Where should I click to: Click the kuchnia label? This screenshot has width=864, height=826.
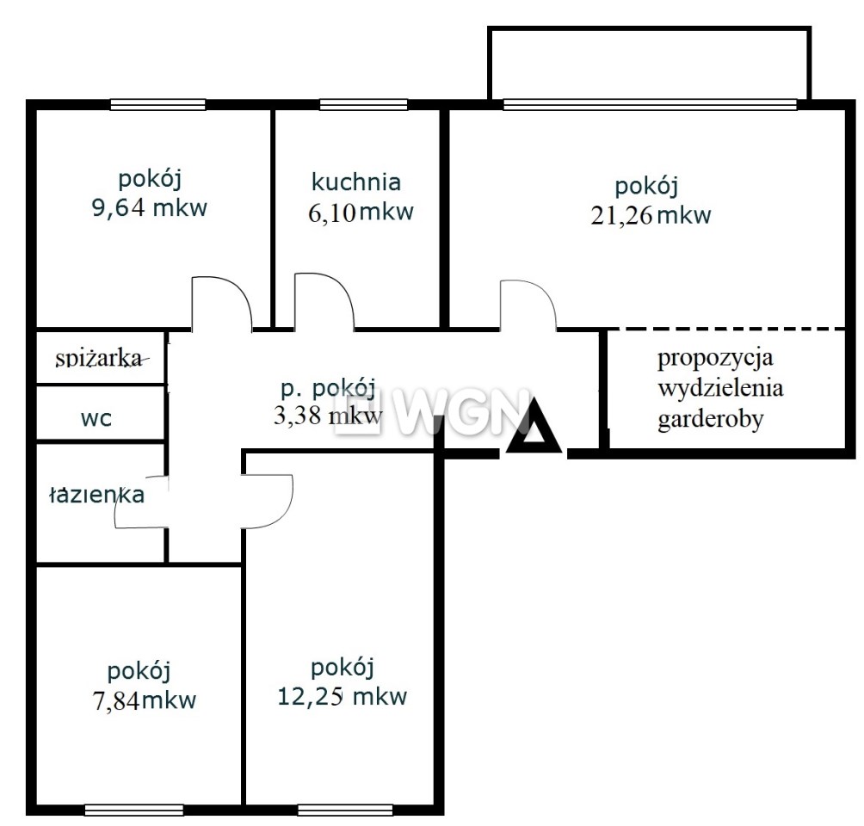click(356, 182)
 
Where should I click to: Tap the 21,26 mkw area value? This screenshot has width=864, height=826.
click(651, 214)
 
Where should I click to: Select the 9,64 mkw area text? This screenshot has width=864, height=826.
click(150, 207)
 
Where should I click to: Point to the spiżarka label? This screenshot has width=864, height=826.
click(100, 359)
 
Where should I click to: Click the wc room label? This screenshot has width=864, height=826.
click(96, 418)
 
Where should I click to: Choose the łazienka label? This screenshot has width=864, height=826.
click(97, 494)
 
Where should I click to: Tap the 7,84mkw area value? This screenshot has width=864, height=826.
click(145, 700)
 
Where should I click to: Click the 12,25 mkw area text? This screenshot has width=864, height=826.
click(342, 696)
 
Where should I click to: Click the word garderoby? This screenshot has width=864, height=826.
click(711, 420)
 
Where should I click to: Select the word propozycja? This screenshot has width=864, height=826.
click(715, 358)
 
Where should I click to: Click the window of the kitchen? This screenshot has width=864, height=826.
click(364, 105)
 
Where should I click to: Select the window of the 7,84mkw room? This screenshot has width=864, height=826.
click(134, 810)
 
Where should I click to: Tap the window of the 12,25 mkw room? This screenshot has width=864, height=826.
click(345, 810)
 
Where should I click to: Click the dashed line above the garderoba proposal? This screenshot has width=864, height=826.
click(726, 330)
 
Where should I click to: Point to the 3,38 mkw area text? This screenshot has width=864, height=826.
click(328, 416)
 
